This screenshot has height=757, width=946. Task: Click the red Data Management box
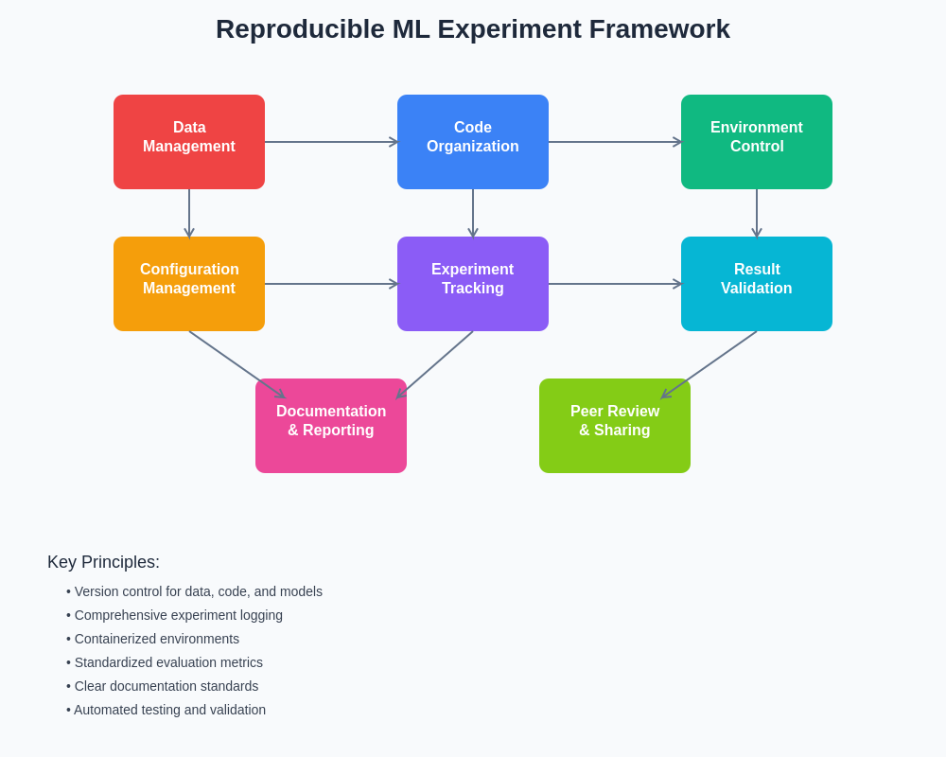click(189, 142)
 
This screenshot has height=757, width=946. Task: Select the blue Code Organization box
click(473, 142)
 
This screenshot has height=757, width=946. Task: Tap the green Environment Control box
click(757, 142)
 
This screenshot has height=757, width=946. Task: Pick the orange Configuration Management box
click(189, 284)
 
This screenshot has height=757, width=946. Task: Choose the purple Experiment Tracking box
click(473, 284)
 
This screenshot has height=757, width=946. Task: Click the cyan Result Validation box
click(757, 284)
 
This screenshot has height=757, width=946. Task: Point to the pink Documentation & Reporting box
click(331, 426)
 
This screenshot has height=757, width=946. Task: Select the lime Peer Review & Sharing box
click(615, 426)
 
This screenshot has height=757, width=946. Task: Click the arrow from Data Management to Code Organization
click(331, 142)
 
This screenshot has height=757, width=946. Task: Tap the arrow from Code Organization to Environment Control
click(615, 142)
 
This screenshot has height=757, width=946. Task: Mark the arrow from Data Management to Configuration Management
click(189, 213)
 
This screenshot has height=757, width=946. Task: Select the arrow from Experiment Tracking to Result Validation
click(615, 284)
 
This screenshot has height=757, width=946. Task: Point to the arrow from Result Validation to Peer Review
click(709, 364)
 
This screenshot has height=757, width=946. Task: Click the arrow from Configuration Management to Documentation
click(236, 364)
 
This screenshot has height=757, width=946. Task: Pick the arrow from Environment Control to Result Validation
click(757, 213)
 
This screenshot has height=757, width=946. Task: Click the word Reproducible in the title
click(300, 29)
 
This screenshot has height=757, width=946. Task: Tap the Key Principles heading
click(103, 562)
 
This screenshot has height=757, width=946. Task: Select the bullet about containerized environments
click(152, 639)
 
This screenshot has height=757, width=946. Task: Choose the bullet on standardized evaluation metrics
click(165, 662)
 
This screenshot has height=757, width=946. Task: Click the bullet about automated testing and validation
click(166, 710)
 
